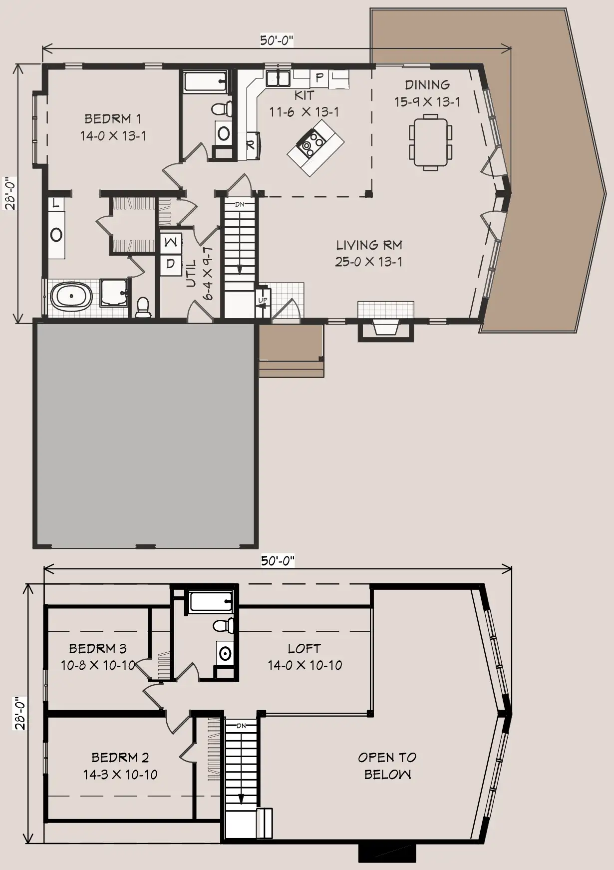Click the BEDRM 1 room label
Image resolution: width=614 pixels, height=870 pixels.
coord(113,119)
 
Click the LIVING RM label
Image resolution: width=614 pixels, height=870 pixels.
coord(369,245)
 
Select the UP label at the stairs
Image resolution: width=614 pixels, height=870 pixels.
coord(263,300)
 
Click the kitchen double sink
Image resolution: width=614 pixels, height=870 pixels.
coord(278,78)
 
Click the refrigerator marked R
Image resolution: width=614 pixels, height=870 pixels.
coord(251,145)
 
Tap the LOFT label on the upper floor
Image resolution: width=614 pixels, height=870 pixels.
coord(304,649)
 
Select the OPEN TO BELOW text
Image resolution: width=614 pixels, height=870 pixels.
coord(387,766)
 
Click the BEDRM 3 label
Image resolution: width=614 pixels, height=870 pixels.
coord(98,649)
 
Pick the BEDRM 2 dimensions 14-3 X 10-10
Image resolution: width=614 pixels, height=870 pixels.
coord(120,775)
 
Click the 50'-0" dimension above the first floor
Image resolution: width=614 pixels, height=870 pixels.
coord(277,40)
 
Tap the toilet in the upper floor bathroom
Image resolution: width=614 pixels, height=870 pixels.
coord(223,626)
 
